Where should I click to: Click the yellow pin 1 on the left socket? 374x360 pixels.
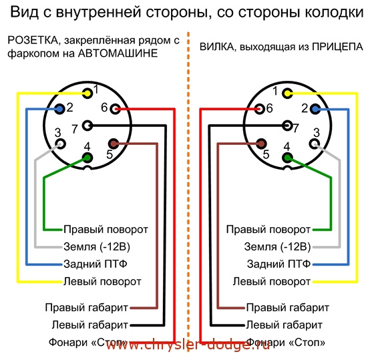[x=87, y=94]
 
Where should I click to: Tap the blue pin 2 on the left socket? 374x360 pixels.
[x=59, y=110]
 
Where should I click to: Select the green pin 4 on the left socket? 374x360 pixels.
[x=87, y=158]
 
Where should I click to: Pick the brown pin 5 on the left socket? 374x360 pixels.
[x=114, y=144]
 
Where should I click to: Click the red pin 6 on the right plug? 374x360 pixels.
[x=260, y=110]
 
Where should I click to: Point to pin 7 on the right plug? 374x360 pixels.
[x=287, y=126]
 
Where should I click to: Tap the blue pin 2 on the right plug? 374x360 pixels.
[x=315, y=110]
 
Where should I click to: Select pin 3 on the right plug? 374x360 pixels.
[x=315, y=144]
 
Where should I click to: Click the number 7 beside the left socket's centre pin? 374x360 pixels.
[x=75, y=129]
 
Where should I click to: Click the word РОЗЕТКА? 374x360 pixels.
[x=33, y=40]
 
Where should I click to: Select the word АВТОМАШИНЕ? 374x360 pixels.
[x=118, y=53]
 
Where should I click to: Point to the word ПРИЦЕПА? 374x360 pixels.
[x=337, y=47]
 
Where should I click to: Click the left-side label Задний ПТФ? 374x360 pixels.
[x=96, y=264]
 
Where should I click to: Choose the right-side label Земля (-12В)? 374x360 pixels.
[x=277, y=246]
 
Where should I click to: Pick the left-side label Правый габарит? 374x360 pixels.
[x=87, y=307]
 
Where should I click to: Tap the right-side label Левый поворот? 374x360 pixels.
[x=272, y=282]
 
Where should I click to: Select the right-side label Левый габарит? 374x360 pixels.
[x=285, y=325]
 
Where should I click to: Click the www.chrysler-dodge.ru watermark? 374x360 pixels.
[x=188, y=345]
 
